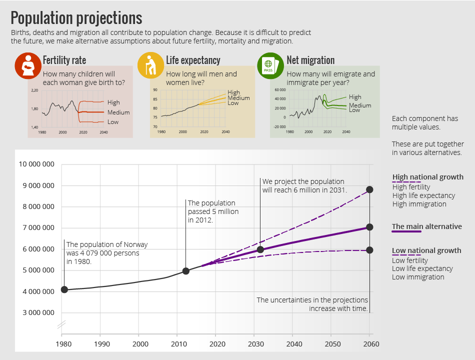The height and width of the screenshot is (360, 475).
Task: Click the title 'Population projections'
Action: pos(76,18)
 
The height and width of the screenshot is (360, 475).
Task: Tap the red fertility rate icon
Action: pos(28,65)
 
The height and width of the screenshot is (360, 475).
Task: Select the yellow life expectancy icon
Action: pos(150,65)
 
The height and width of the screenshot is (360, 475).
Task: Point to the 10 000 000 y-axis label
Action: pos(36,164)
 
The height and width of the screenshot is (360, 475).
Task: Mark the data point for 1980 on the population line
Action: pos(64,289)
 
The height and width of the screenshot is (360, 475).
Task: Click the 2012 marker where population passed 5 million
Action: pos(186,271)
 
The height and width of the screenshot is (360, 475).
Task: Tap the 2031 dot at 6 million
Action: pos(260,249)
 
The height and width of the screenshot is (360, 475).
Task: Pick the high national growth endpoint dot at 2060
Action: pos(369,189)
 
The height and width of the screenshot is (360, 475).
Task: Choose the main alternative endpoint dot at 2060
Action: pos(369,227)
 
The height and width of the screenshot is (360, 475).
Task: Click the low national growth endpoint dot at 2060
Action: pos(369,250)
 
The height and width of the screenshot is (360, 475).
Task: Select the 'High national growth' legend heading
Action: pos(427,177)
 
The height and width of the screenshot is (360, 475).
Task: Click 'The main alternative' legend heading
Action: pos(426,226)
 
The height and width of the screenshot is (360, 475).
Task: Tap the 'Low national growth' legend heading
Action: pos(426,250)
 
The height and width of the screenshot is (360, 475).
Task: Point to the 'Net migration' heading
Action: pos(310,60)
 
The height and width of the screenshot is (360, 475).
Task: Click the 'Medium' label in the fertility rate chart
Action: pos(118,112)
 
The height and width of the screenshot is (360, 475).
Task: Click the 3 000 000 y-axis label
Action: pos(36,313)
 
